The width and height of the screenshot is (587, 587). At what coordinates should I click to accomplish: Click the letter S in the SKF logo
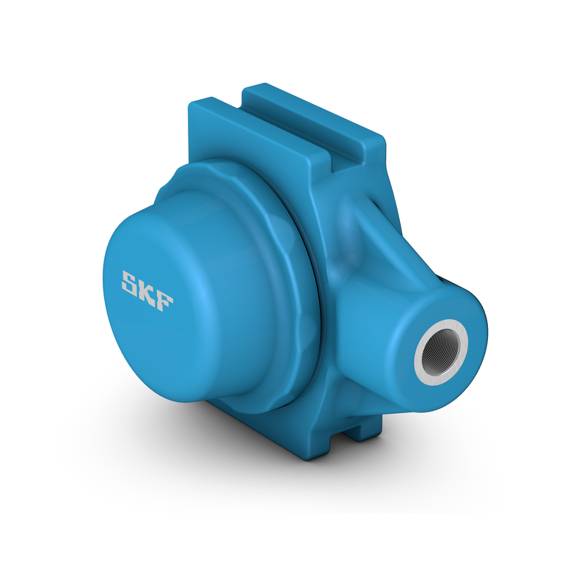(131, 282)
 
